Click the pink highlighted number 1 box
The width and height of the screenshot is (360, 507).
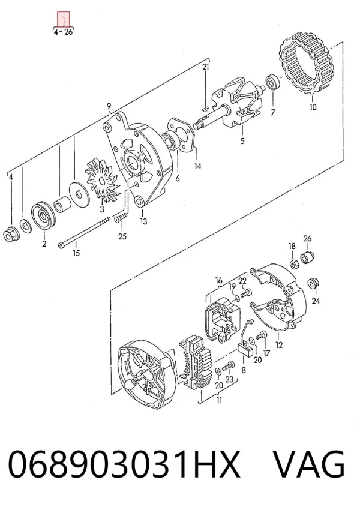click(x=64, y=19)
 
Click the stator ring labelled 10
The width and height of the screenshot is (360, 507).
click(x=306, y=65)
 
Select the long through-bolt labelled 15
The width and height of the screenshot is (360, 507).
click(x=82, y=231)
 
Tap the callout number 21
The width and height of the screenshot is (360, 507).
click(x=206, y=67)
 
